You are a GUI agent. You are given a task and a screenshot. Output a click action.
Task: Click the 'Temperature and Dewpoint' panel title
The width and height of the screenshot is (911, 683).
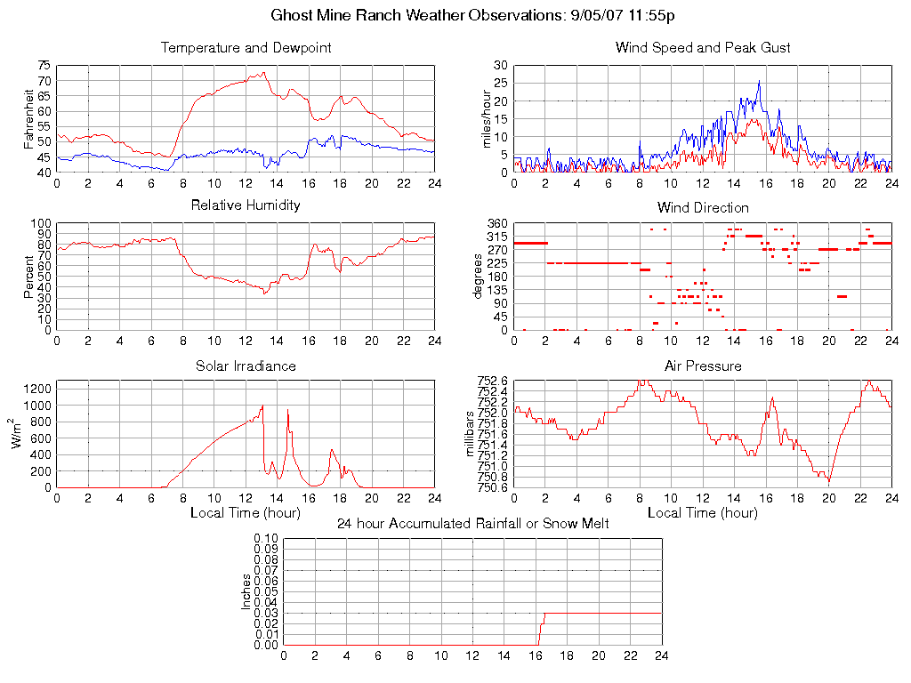246,48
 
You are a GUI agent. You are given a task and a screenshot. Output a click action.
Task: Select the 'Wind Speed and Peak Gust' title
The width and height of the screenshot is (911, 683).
703,48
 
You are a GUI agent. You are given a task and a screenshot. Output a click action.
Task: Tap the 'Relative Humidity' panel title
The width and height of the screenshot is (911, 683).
246,205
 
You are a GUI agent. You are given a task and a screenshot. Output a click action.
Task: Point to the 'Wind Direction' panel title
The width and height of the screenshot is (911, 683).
703,208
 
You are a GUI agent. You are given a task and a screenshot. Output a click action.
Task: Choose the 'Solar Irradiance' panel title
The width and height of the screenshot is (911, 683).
246,366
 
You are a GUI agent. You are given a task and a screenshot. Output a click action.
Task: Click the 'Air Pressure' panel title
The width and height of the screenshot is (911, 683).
703,366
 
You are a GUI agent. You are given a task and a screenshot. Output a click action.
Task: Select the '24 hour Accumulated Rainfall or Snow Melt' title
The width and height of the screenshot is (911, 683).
472,524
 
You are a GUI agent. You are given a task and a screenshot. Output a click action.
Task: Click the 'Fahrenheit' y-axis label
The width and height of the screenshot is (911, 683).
29,117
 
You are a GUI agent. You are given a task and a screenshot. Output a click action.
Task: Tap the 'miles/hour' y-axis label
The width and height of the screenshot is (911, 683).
487,117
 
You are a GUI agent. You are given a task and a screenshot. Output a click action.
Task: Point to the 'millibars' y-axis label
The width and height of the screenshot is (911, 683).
471,434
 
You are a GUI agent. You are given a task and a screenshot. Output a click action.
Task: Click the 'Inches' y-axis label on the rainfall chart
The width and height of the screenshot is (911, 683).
246,591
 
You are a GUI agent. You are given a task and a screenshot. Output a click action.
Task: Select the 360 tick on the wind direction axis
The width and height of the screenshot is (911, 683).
496,224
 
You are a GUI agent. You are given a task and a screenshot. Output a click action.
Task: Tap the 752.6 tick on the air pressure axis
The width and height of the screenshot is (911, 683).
492,381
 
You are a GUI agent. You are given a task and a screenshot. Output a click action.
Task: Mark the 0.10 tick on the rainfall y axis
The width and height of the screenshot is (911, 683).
266,539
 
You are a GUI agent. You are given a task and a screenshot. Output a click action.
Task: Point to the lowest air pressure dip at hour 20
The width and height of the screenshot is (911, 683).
829,481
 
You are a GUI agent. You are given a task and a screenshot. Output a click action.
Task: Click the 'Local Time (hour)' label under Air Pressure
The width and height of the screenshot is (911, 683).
703,513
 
